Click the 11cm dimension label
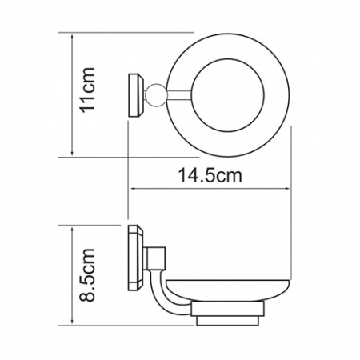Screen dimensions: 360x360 point(88,90)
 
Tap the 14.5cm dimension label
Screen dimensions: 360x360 point(210,175)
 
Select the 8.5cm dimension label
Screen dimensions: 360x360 point(87,275)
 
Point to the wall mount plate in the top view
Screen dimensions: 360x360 point(137,95)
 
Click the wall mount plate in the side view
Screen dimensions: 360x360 point(136,258)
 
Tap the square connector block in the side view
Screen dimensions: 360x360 point(154,258)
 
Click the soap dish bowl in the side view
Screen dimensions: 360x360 point(228,290)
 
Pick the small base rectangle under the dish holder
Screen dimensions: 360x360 point(228,321)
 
